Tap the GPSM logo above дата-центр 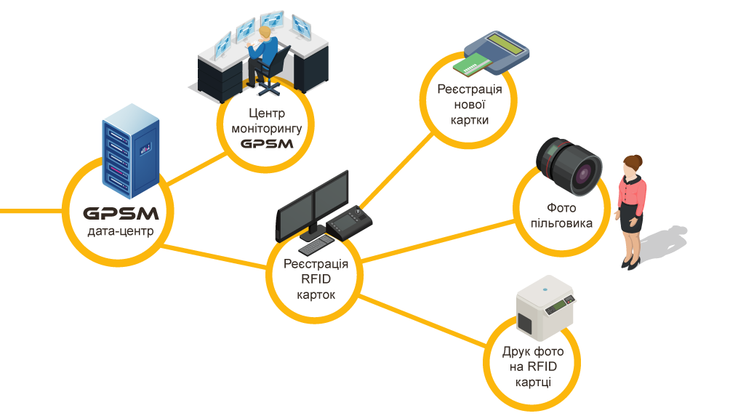pyautogui.click(x=121, y=214)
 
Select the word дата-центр pyautogui.click(x=121, y=233)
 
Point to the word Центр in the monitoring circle pyautogui.click(x=267, y=113)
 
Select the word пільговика pyautogui.click(x=561, y=224)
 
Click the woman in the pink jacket pyautogui.click(x=631, y=211)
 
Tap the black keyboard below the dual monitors pyautogui.click(x=318, y=248)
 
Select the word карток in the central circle pyautogui.click(x=316, y=295)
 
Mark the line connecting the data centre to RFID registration pyautogui.click(x=218, y=257)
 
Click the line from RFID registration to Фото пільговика pyautogui.click(x=436, y=241)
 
